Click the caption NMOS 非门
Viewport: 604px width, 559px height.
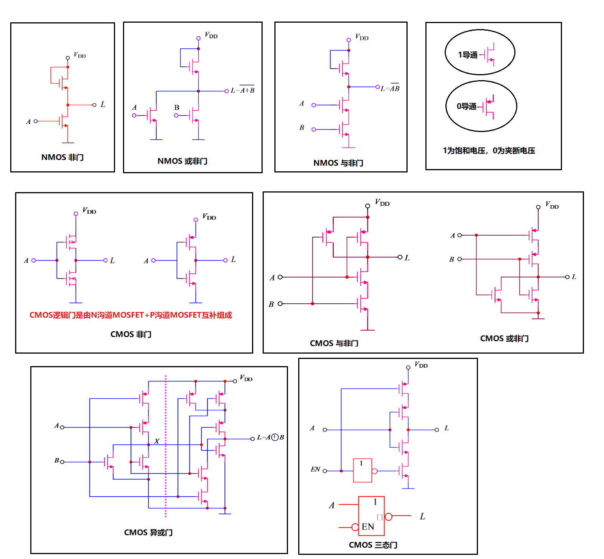click(x=62, y=157)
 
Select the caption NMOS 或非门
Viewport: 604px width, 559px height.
click(x=182, y=161)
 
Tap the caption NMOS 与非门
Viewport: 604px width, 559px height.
click(x=338, y=163)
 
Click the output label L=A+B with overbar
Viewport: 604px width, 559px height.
click(x=243, y=90)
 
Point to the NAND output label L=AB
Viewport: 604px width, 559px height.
click(x=390, y=88)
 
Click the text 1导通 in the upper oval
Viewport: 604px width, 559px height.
click(x=468, y=55)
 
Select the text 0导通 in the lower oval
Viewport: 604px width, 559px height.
click(x=467, y=106)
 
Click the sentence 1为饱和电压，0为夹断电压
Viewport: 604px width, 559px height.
click(x=489, y=151)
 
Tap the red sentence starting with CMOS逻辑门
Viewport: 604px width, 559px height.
click(x=131, y=315)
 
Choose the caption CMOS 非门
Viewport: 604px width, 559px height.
click(x=131, y=334)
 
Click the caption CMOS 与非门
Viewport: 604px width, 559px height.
click(x=334, y=343)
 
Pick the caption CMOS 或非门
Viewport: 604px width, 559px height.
click(x=504, y=339)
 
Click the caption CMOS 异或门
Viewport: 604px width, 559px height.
click(x=148, y=533)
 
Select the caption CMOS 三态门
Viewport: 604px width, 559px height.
click(x=373, y=545)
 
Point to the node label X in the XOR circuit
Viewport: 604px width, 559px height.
click(x=157, y=441)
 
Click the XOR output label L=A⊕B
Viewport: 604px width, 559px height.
click(x=270, y=437)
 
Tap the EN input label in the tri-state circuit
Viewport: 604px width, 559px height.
click(x=315, y=469)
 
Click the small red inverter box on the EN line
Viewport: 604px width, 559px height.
click(x=363, y=470)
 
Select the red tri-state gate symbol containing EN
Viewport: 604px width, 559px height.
click(x=372, y=516)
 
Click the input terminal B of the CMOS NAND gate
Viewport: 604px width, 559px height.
click(x=280, y=304)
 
